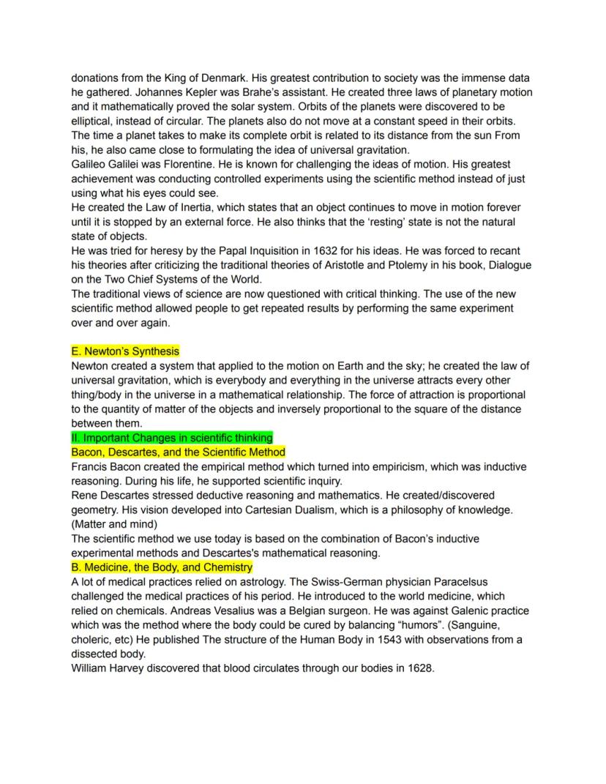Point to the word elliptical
[96, 121]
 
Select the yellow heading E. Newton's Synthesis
[125, 351]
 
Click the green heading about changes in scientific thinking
[172, 438]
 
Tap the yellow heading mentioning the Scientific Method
[179, 452]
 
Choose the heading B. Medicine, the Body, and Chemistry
[162, 567]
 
